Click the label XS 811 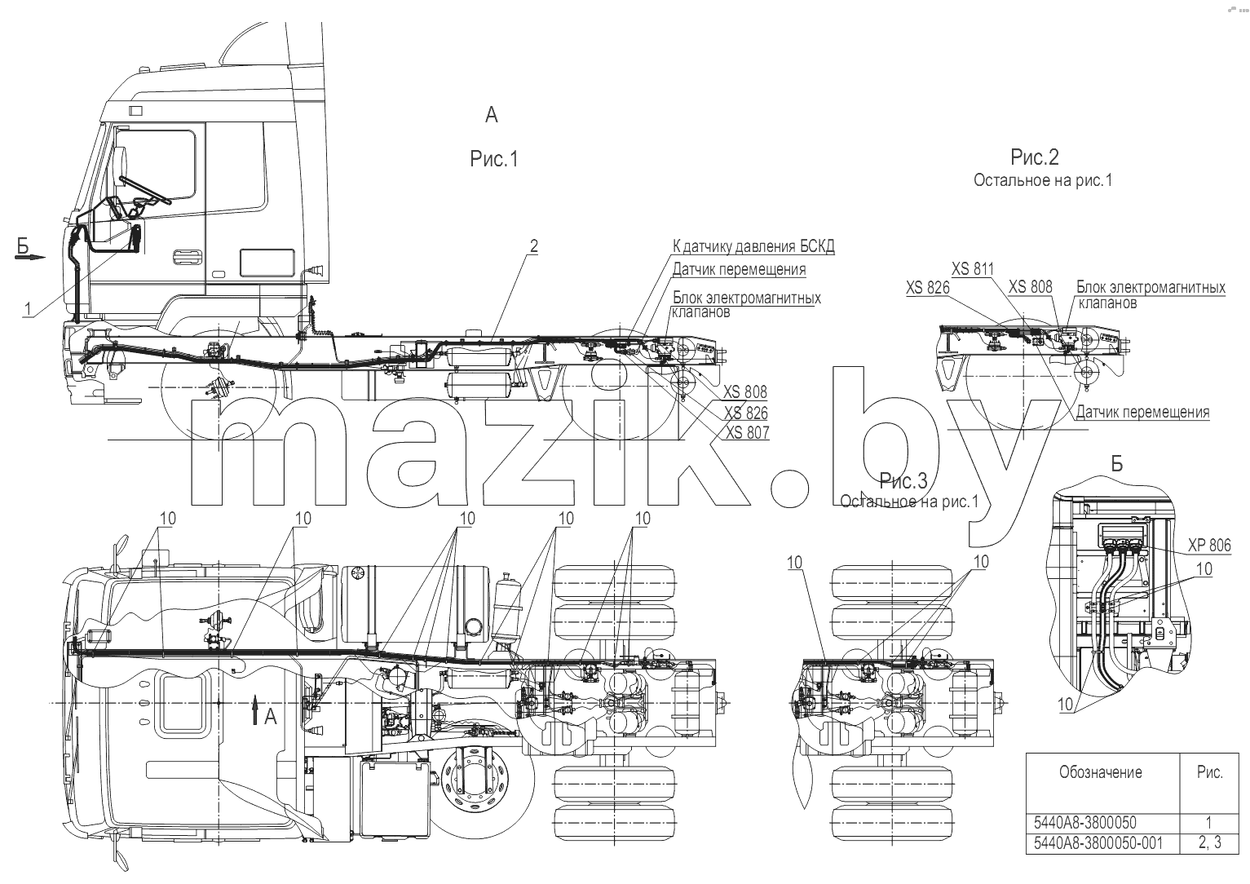(x=973, y=269)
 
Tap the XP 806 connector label (x=1209, y=545)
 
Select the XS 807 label (x=747, y=432)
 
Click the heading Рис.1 (x=494, y=159)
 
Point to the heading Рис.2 (x=1035, y=157)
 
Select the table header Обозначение (x=1101, y=772)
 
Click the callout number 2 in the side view (x=534, y=246)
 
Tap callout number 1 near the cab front (x=27, y=308)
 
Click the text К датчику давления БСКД (x=753, y=246)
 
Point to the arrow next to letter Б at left (x=30, y=257)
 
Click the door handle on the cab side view (x=187, y=257)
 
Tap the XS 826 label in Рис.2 (x=928, y=287)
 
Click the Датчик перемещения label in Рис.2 (x=1143, y=413)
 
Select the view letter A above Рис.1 (x=491, y=115)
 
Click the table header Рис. (x=1210, y=772)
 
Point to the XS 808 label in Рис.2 (x=1030, y=287)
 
